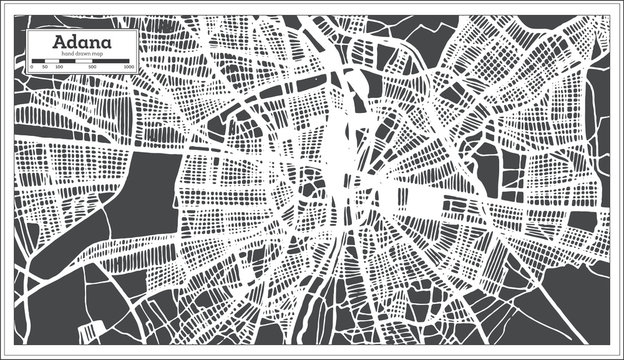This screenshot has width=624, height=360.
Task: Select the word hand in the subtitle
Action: point(68,53)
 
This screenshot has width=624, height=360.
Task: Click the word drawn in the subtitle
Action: point(85,53)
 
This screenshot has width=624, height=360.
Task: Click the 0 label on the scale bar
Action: point(32,66)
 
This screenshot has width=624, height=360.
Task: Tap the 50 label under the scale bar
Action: point(45,66)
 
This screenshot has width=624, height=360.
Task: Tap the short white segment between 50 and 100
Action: point(51,60)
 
